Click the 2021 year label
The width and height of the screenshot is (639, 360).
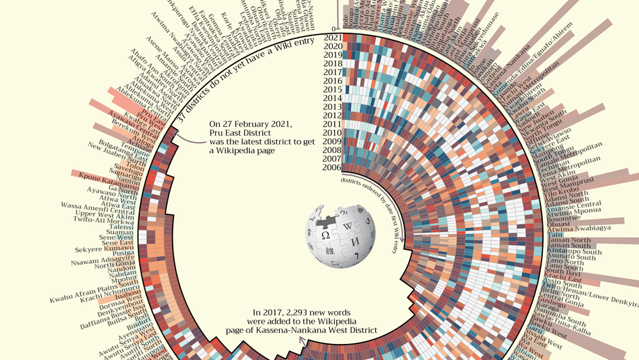(x=332, y=38)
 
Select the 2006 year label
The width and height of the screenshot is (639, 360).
(x=332, y=167)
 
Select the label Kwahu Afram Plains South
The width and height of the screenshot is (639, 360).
(x=94, y=293)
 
